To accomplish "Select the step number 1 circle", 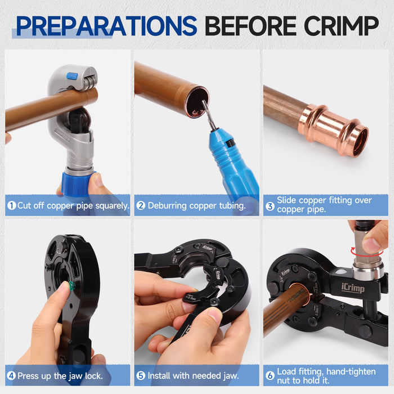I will coord(11,206).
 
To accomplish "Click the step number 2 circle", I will coord(141,206).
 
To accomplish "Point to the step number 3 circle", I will coord(270,205).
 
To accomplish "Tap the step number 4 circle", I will coord(11,375).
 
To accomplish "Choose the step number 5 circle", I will coord(141,375).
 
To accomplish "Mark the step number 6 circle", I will coord(270,375).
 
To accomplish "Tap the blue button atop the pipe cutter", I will coord(72,76).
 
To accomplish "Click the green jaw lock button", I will coord(71,286).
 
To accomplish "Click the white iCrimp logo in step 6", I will coord(353,288).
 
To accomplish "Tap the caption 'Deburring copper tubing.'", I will coord(196,206).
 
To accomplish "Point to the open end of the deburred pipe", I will coord(198,102).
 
